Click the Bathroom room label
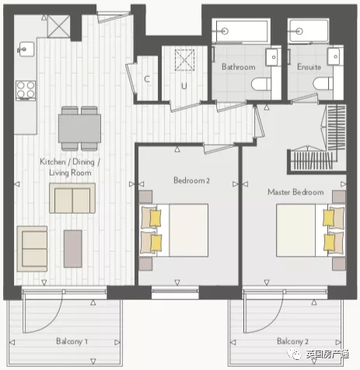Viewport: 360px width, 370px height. click(x=239, y=67)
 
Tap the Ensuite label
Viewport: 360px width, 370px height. click(x=309, y=67)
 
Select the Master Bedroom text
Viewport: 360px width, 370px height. click(x=295, y=192)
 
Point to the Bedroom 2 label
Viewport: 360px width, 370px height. click(x=191, y=180)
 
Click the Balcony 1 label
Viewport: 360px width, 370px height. click(x=72, y=341)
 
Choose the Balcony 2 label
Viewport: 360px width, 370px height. click(x=292, y=341)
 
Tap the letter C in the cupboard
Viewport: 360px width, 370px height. click(x=147, y=79)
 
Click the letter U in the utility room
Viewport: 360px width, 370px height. click(x=184, y=86)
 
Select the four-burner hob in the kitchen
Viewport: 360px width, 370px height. click(x=26, y=90)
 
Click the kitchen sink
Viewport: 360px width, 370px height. click(x=26, y=49)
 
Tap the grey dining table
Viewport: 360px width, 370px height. click(x=79, y=128)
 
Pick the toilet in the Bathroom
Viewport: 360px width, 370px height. click(x=261, y=84)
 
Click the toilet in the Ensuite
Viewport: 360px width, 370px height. click(x=323, y=84)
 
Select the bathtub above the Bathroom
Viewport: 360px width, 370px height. click(x=241, y=31)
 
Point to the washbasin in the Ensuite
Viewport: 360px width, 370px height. click(x=335, y=57)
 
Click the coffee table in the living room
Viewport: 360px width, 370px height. click(x=73, y=249)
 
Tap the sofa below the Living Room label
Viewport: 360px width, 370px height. click(x=72, y=198)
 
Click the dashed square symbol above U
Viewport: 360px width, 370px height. click(x=184, y=60)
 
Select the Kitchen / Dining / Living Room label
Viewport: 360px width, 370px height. click(x=70, y=167)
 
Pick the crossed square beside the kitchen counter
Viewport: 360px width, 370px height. click(x=59, y=26)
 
